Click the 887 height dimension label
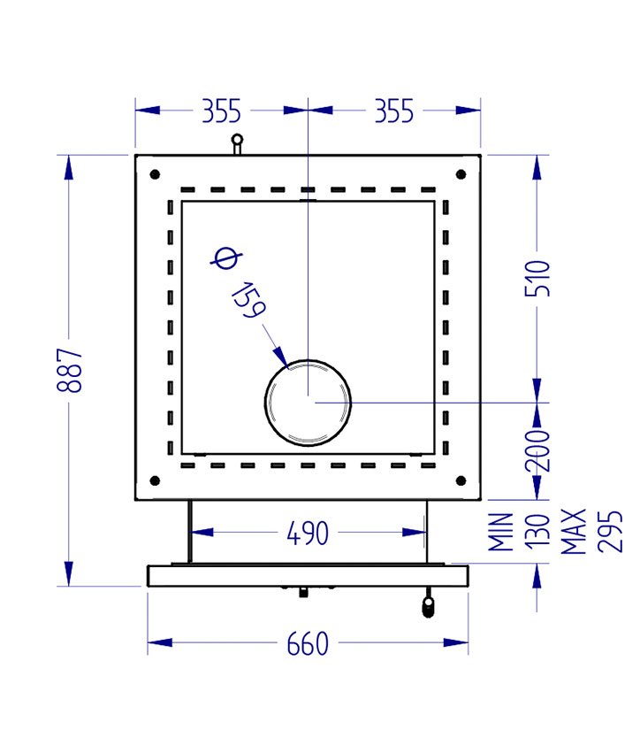coord(73,371)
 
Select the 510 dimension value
coord(540,279)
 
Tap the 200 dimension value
coord(540,450)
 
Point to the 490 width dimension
coord(308,533)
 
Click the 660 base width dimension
coord(307,643)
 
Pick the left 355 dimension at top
coord(221,111)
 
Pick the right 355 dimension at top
coord(393,111)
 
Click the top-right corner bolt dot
coord(460,174)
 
